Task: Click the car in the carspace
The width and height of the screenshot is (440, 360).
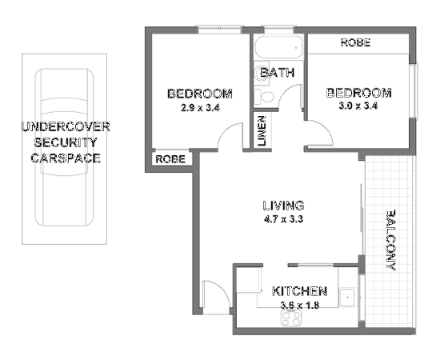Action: (64, 152)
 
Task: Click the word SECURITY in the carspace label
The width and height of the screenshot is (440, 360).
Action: (66, 142)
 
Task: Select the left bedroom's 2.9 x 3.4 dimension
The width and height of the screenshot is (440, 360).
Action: (199, 108)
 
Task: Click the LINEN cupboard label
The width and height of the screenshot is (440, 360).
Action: (262, 131)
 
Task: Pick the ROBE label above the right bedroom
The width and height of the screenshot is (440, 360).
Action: (355, 43)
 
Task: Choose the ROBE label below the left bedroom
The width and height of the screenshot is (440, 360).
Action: (170, 159)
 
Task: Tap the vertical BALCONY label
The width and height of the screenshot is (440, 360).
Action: (391, 240)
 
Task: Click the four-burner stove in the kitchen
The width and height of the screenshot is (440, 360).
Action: (289, 318)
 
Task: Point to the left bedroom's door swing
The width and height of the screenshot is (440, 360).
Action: (231, 136)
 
